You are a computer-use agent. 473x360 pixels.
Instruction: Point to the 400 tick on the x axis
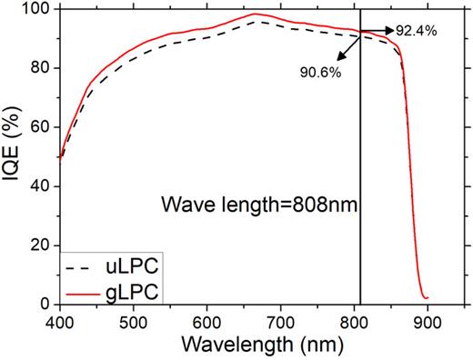[x=60, y=321]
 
